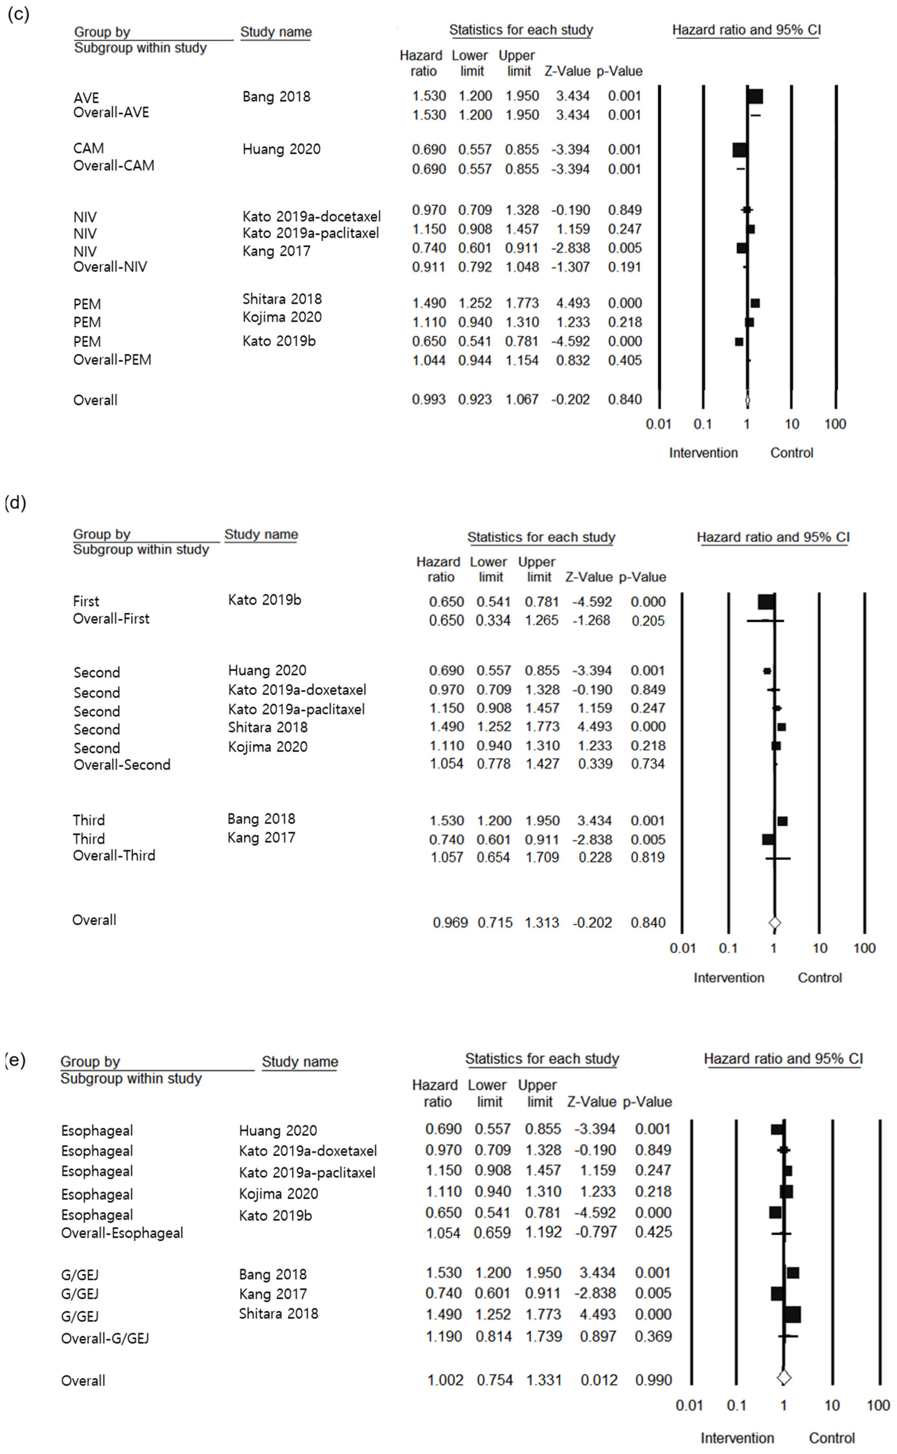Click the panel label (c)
[18, 14]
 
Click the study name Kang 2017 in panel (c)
[276, 251]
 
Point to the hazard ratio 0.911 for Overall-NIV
[428, 267]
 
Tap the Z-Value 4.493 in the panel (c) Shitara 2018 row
[572, 303]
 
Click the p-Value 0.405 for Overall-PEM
[625, 360]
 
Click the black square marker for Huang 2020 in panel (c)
[739, 150]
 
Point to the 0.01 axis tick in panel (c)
[659, 424]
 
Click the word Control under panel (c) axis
[791, 453]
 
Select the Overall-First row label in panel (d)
[111, 619]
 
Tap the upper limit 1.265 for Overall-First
[542, 621]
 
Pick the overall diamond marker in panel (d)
[774, 923]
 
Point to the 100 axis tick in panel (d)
[864, 948]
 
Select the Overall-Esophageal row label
[122, 1233]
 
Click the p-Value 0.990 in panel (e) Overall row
[653, 1380]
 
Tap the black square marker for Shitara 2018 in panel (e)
[792, 1314]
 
